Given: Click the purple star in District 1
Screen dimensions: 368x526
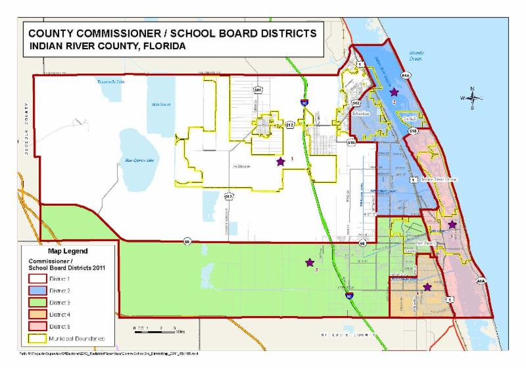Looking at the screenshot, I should (281, 161).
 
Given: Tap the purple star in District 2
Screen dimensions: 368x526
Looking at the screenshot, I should (394, 93).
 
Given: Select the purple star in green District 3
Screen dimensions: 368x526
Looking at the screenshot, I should (309, 263).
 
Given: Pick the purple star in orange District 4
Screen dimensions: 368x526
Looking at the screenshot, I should (427, 287).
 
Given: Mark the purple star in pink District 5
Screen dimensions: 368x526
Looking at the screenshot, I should (452, 225).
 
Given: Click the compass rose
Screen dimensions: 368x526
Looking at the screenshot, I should (472, 98).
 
